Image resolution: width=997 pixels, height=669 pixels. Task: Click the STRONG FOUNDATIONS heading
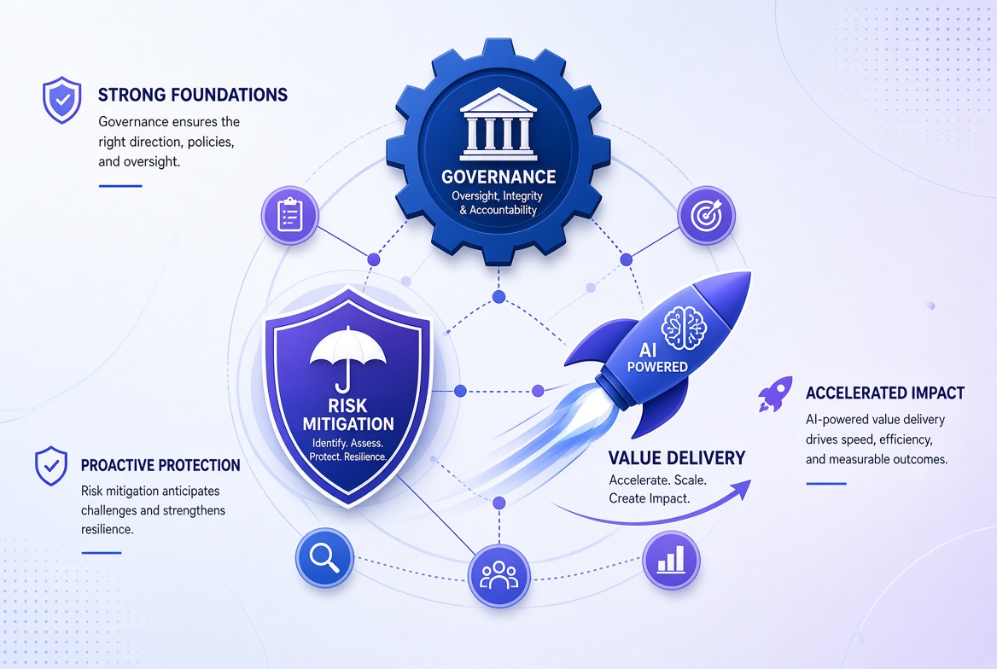(193, 95)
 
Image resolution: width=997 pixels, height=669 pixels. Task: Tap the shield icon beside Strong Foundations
(61, 100)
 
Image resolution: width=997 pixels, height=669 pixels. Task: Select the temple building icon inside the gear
(499, 124)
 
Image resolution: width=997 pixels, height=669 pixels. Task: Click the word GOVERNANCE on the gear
(499, 176)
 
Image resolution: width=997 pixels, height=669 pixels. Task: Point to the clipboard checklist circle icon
(290, 216)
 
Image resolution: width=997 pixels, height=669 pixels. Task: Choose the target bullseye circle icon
(707, 216)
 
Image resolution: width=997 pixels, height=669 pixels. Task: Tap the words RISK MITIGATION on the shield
(347, 415)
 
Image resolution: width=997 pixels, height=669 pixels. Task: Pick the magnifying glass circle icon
(324, 558)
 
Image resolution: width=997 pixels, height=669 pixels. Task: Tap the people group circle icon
(499, 575)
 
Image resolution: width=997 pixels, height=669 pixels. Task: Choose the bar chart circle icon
(671, 561)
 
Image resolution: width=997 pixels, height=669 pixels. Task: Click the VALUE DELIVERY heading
(677, 458)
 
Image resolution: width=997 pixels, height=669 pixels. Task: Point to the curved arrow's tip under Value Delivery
(751, 480)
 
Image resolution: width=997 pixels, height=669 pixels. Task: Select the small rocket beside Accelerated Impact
(775, 393)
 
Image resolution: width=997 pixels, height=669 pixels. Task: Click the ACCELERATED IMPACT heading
(885, 393)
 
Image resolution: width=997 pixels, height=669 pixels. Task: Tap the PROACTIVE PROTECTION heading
(160, 465)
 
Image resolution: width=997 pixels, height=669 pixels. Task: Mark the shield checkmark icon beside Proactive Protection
(51, 466)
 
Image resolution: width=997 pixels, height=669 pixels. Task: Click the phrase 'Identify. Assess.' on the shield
(347, 443)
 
